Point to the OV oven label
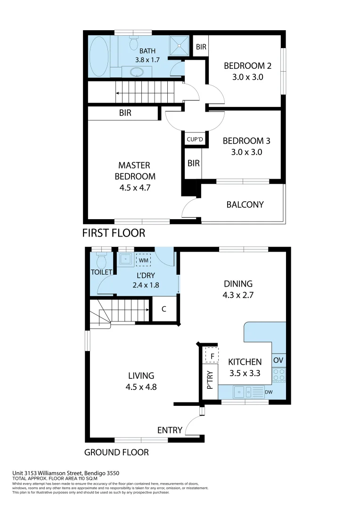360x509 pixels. click(278, 360)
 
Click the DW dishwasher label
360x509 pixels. click(268, 392)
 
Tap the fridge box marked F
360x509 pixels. click(212, 355)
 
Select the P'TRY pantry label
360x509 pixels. click(210, 380)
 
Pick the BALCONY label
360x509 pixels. click(245, 205)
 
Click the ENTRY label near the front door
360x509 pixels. click(170, 430)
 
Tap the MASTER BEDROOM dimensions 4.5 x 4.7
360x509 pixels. click(134, 188)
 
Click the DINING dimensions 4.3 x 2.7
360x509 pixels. click(238, 295)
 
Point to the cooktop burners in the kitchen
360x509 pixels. click(278, 375)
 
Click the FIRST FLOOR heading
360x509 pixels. click(114, 233)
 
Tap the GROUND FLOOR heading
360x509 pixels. click(116, 452)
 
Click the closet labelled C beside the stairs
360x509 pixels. click(164, 310)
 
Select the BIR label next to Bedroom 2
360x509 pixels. click(201, 47)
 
